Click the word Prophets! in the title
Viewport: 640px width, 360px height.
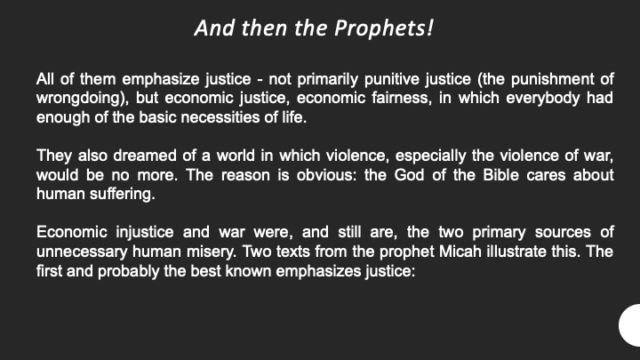click(x=384, y=28)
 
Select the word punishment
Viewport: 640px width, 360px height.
click(x=552, y=79)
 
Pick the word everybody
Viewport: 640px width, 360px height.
click(x=543, y=99)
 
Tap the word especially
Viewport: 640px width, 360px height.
click(x=430, y=156)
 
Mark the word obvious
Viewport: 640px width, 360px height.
click(x=325, y=175)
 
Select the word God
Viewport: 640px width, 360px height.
click(x=409, y=175)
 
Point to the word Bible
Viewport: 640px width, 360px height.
click(x=500, y=175)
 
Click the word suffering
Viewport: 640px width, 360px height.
click(x=122, y=195)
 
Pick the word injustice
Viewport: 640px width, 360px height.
click(x=145, y=233)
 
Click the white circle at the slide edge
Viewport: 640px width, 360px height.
click(x=631, y=325)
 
